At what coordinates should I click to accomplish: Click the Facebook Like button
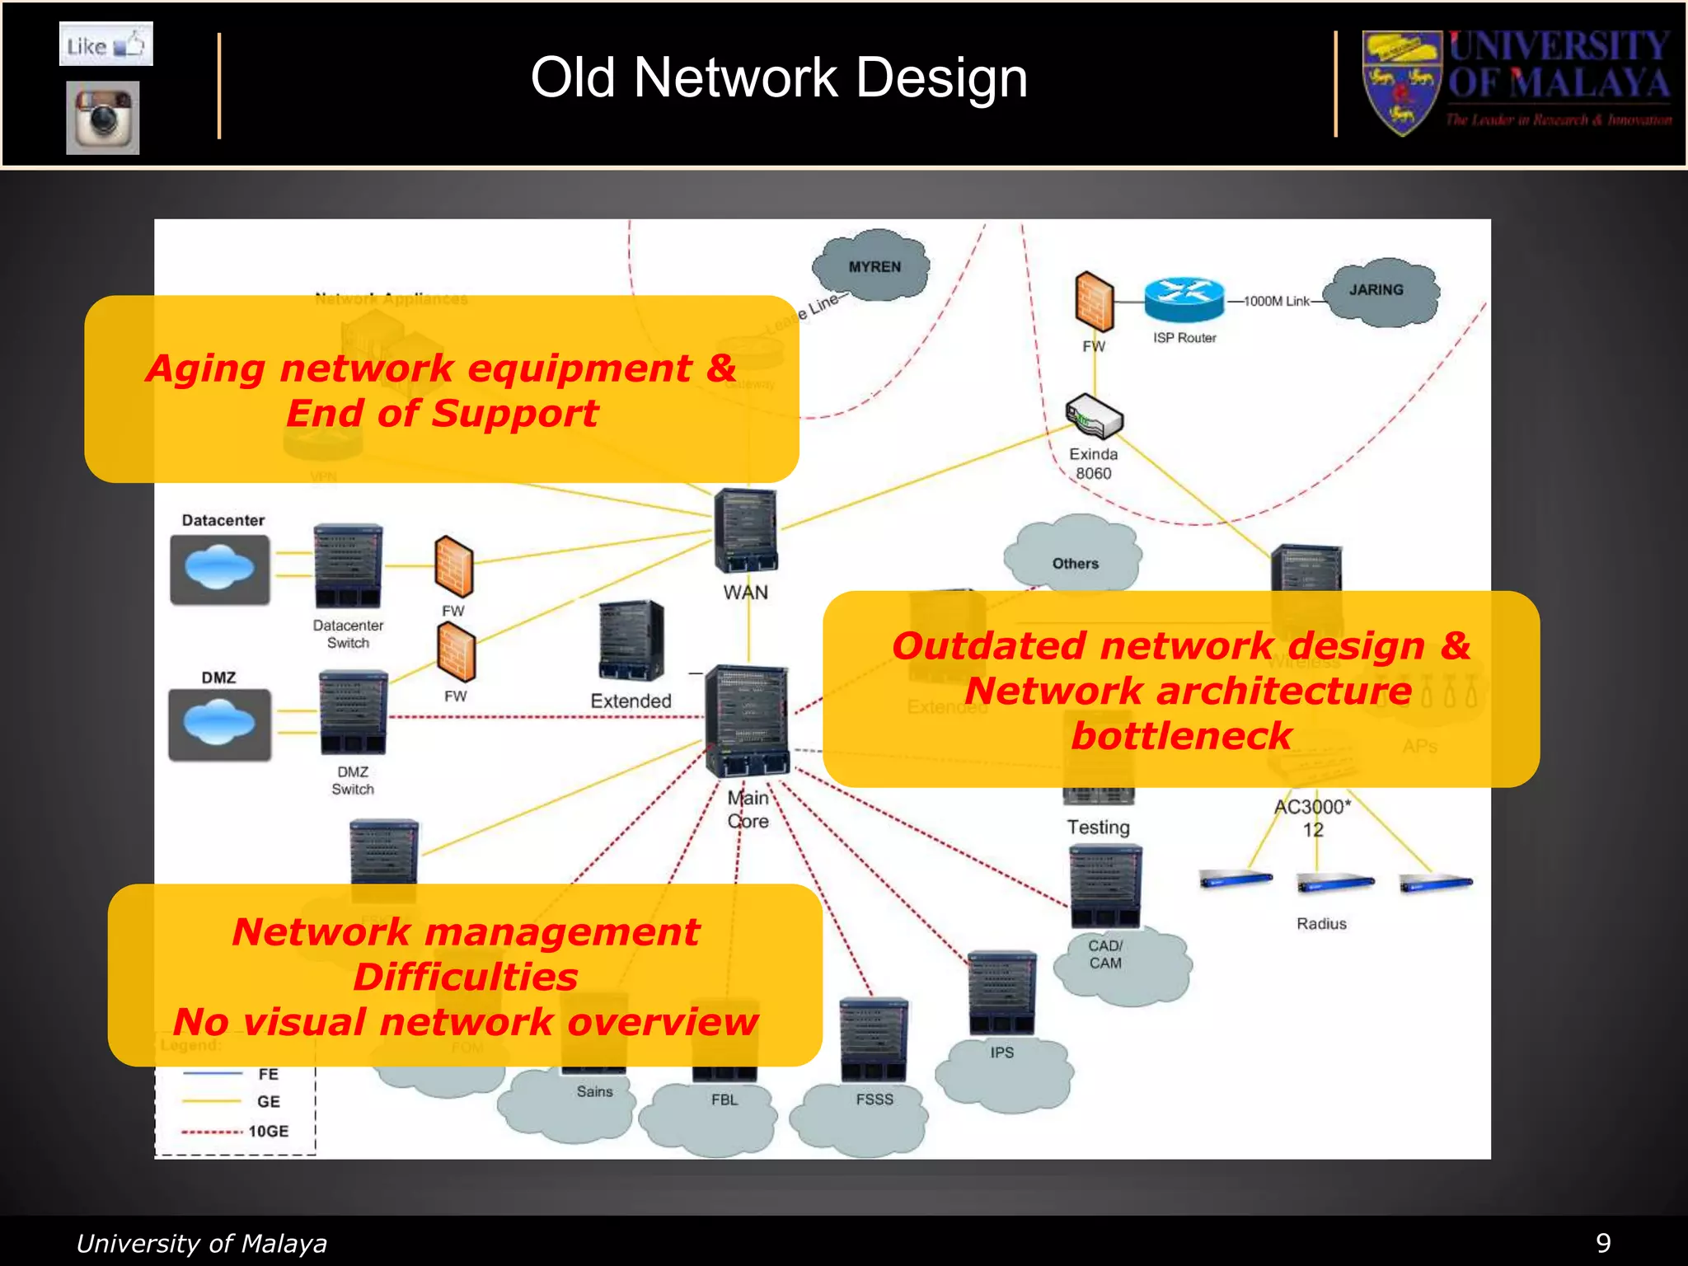105,45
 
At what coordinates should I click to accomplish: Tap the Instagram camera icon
103,117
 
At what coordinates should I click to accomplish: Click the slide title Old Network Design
779,78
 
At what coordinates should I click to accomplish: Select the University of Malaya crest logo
1401,82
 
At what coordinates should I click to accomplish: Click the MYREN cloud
873,266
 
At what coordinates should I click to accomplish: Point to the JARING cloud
1378,291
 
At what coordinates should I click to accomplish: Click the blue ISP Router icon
1184,299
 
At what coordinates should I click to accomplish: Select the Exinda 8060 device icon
1094,416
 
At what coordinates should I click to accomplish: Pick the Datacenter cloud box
220,570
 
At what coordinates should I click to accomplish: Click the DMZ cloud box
219,724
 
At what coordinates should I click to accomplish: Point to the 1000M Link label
1277,302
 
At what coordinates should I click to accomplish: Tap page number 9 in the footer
1603,1243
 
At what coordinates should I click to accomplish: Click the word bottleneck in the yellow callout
1181,736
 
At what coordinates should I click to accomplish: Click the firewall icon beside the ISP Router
1094,302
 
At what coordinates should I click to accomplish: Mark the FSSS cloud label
874,1100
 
